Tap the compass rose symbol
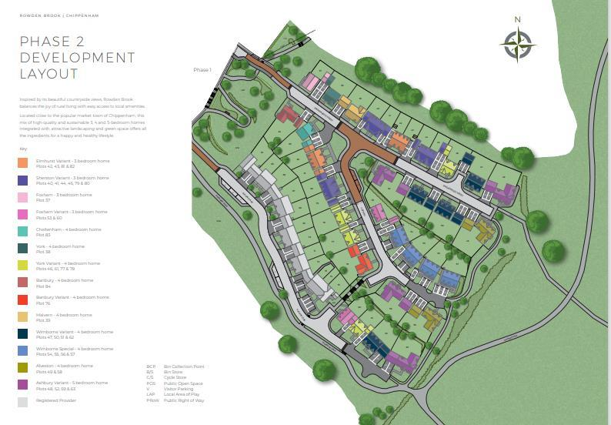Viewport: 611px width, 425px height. click(x=518, y=44)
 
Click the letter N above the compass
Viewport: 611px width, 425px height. click(x=518, y=20)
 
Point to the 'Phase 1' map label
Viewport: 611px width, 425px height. click(x=202, y=70)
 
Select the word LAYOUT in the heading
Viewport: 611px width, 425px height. click(x=48, y=75)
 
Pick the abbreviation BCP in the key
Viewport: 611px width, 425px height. click(x=150, y=366)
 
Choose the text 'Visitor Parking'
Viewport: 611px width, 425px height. click(x=178, y=387)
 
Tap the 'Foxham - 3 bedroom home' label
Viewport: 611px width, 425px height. click(x=58, y=195)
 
